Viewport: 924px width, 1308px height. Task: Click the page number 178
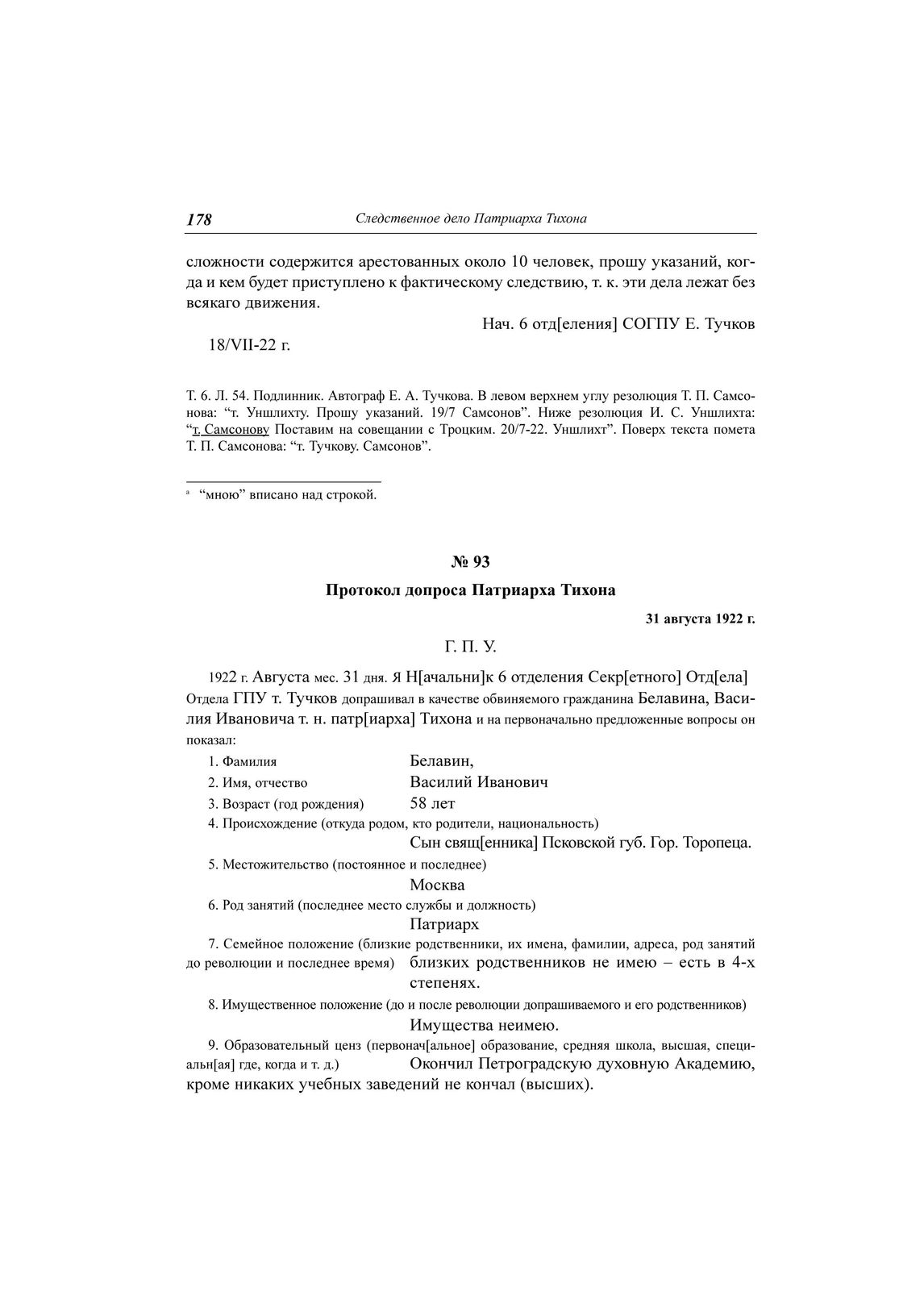click(199, 219)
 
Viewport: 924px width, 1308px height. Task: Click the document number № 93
click(471, 562)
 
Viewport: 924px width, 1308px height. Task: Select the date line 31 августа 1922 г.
click(700, 619)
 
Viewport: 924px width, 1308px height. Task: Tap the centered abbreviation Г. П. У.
click(470, 647)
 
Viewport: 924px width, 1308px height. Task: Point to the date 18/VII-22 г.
click(249, 345)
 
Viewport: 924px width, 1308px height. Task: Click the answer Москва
click(437, 885)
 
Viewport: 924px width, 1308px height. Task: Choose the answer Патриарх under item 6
click(444, 924)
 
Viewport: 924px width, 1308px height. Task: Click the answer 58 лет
click(432, 803)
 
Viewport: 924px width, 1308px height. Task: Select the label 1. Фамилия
click(243, 761)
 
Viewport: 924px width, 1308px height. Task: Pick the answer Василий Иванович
click(479, 782)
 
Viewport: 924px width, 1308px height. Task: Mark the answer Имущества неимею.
click(484, 1025)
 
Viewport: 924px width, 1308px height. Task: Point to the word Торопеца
click(717, 844)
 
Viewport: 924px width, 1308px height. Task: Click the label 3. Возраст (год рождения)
click(286, 804)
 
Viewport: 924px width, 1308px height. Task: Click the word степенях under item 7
click(445, 984)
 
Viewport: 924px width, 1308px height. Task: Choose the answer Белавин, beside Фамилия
click(442, 760)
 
